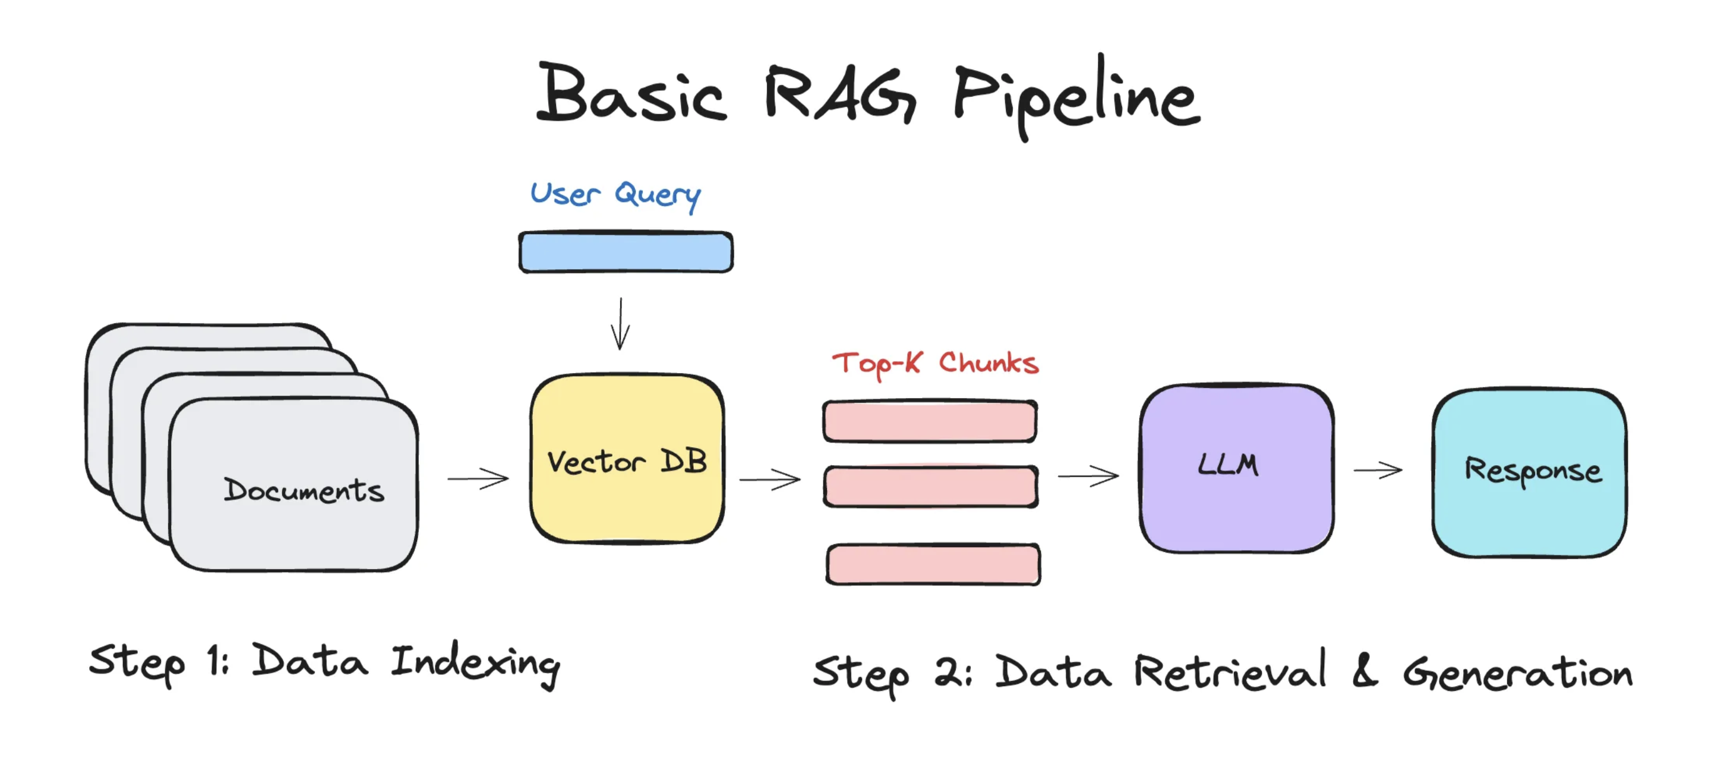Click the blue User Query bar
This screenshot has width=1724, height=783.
(626, 252)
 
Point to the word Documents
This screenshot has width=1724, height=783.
(304, 491)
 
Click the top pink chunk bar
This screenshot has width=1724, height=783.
(930, 422)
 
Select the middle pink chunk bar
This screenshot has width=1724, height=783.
(931, 487)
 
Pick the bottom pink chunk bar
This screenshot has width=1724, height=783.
(933, 565)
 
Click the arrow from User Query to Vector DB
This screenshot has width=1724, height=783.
(620, 324)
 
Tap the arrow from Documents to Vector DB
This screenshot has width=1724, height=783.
(478, 478)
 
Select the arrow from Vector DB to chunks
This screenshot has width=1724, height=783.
(770, 479)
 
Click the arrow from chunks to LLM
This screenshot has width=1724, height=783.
(1088, 476)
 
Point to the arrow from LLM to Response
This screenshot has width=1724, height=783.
(1377, 471)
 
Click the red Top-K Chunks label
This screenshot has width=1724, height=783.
(935, 364)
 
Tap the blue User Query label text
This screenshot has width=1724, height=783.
(615, 194)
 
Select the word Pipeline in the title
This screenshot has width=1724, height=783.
(1076, 97)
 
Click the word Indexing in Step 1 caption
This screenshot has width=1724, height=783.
(475, 663)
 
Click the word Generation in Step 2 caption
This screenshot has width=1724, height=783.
(1518, 673)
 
